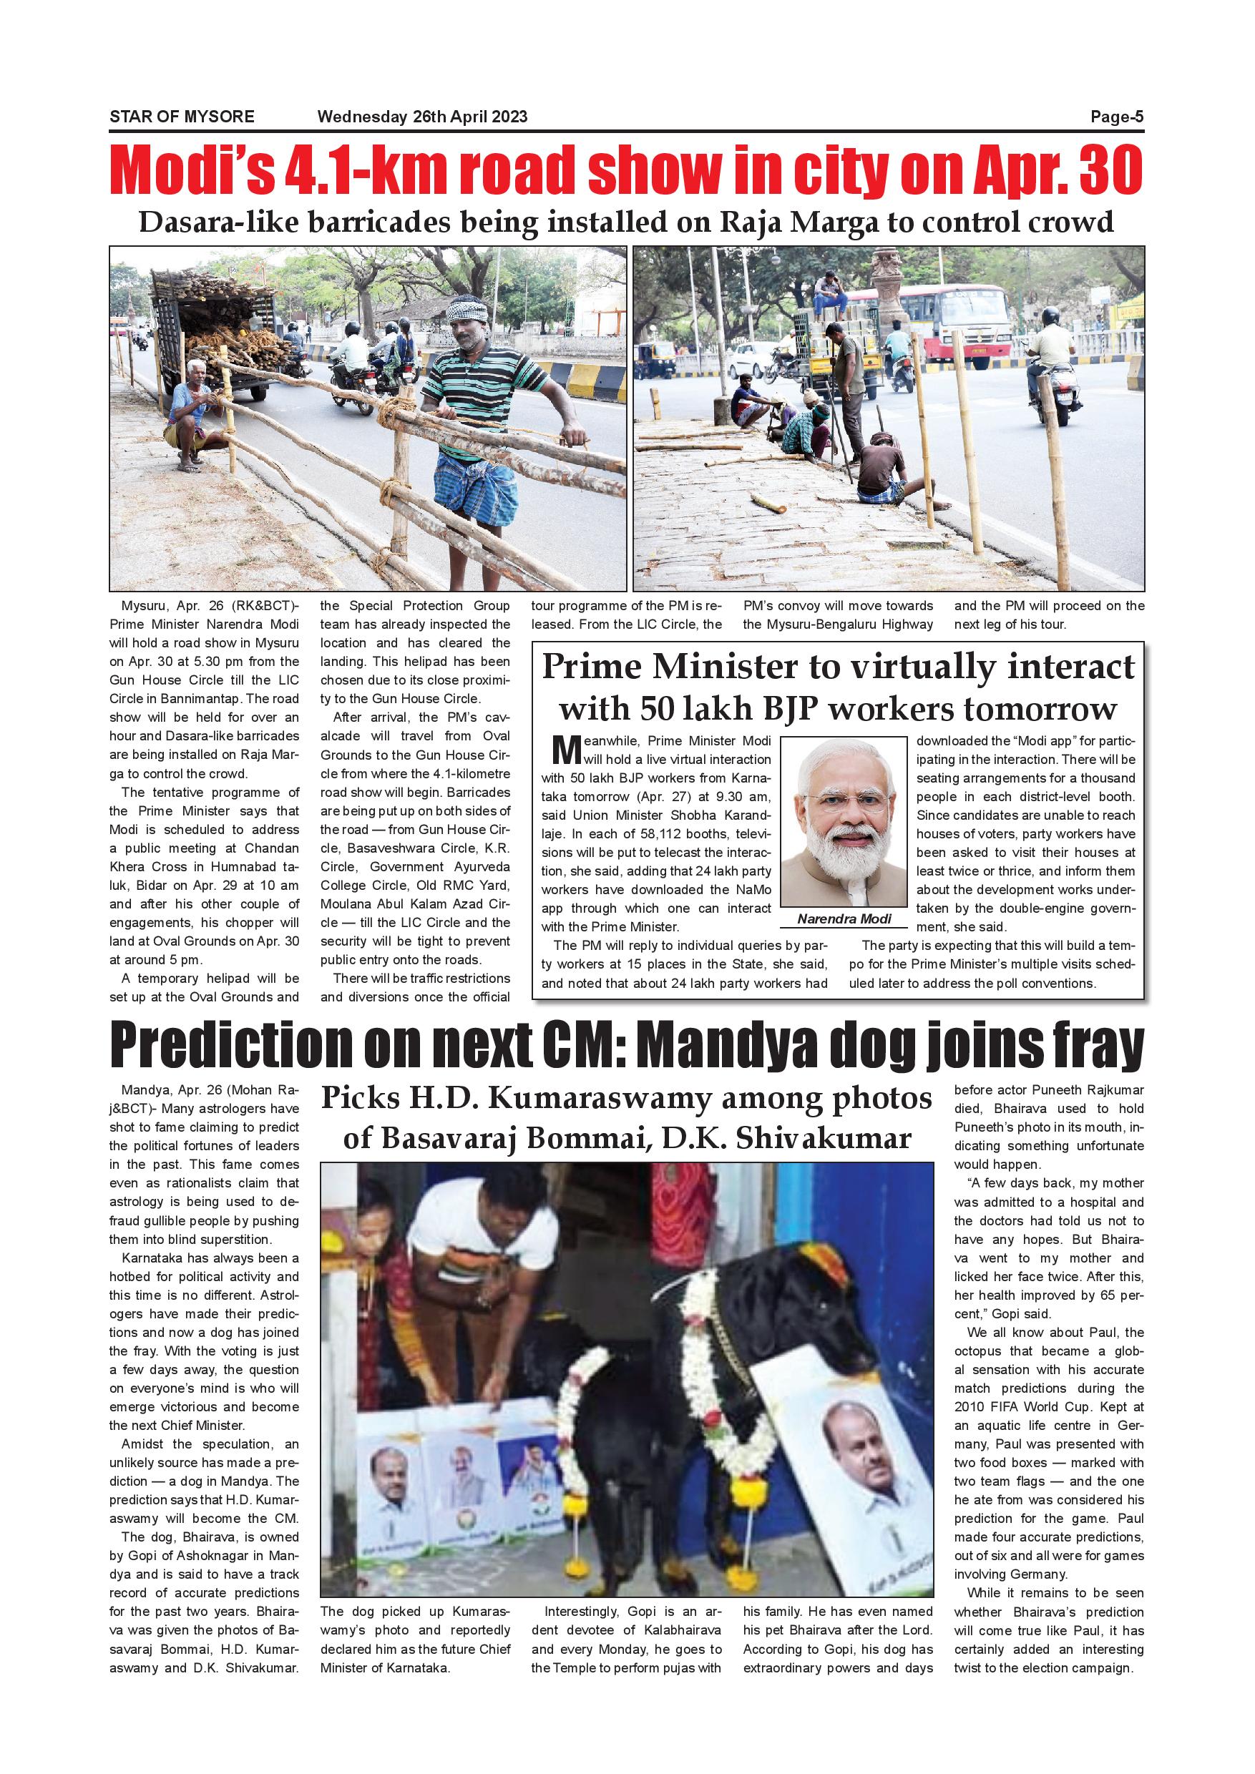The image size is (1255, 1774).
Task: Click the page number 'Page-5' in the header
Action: tap(1116, 117)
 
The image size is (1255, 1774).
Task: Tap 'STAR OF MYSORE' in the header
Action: tap(182, 117)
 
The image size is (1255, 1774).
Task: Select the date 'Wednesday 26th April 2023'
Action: tap(422, 117)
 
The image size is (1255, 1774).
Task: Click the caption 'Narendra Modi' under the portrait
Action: tap(844, 918)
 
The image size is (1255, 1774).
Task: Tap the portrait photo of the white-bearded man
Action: tap(844, 822)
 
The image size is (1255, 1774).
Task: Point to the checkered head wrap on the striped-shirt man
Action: tap(467, 311)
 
